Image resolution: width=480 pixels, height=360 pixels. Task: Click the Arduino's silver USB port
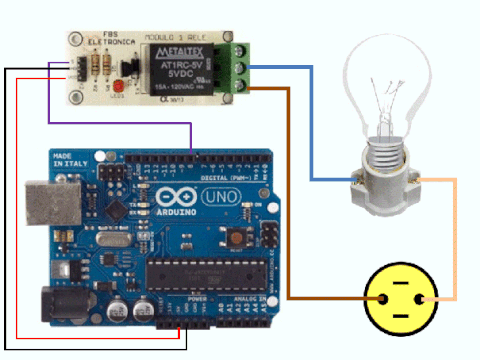pos(39,204)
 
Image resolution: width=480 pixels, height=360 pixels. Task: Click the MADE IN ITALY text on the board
pos(62,166)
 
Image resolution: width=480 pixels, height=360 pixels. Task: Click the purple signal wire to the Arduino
pos(120,124)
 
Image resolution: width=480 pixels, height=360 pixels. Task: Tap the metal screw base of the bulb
pos(386,150)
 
